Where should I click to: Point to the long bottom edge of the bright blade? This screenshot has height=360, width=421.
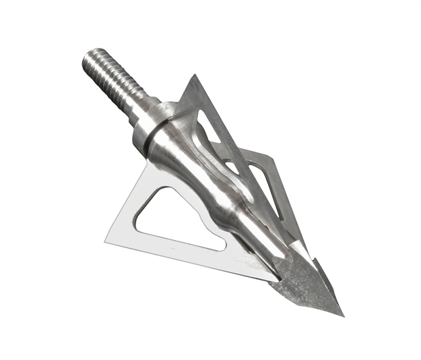tap(189, 260)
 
